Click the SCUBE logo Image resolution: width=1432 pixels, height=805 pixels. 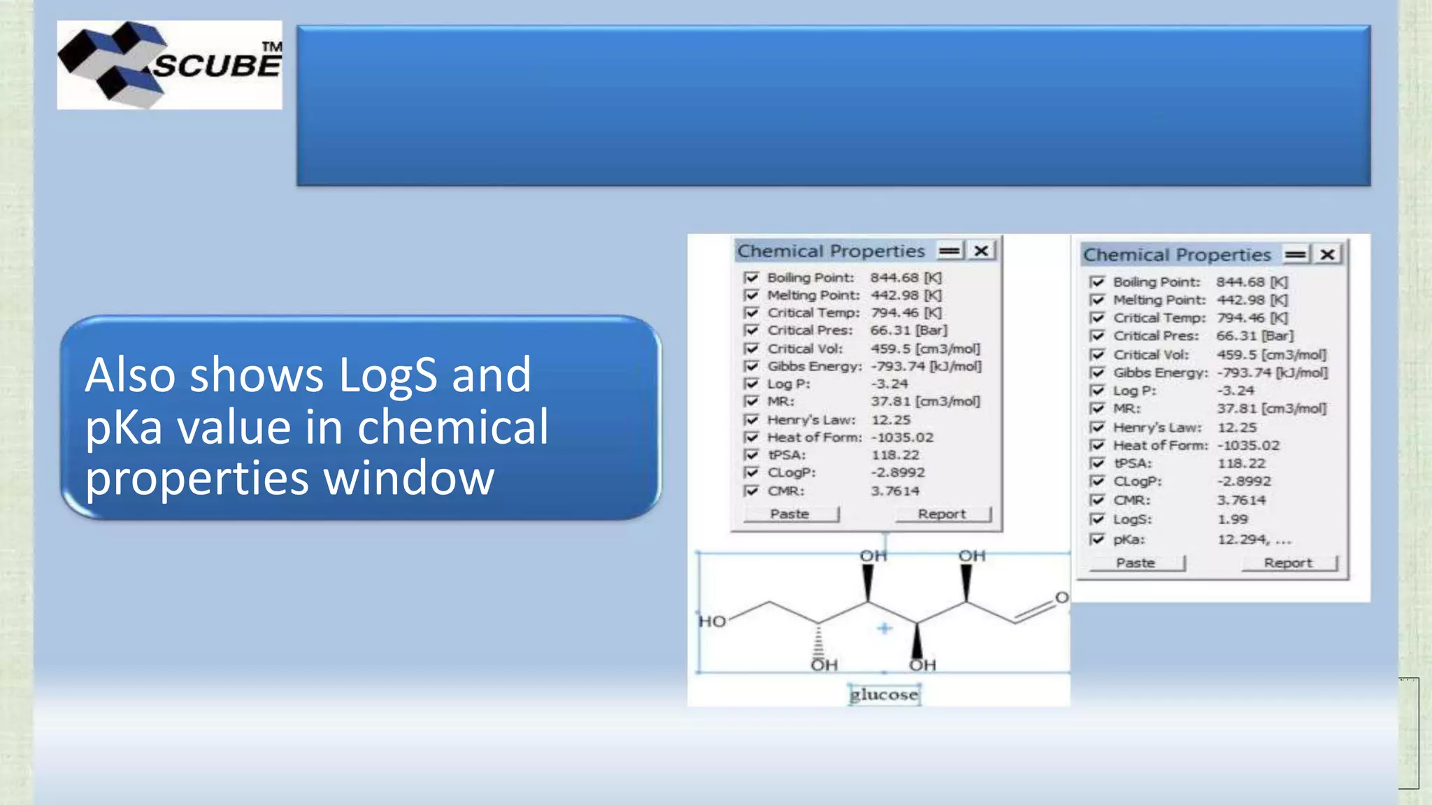pyautogui.click(x=170, y=65)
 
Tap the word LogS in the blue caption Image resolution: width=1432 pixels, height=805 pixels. pyautogui.click(x=388, y=375)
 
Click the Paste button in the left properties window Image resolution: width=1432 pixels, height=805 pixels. pyautogui.click(x=791, y=514)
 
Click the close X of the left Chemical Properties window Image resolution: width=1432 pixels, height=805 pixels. pyautogui.click(x=982, y=251)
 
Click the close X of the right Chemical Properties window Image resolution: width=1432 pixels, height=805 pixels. pyautogui.click(x=1327, y=255)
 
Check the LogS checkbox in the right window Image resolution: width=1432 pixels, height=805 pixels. pyautogui.click(x=1097, y=519)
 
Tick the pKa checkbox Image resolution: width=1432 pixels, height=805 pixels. pyautogui.click(x=1097, y=539)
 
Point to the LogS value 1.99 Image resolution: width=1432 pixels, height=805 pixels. pyautogui.click(x=1233, y=519)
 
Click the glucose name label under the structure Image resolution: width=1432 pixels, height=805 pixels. pyautogui.click(x=884, y=695)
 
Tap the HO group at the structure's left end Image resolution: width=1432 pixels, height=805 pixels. pyautogui.click(x=713, y=621)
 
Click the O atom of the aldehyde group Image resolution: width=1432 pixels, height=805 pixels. pyautogui.click(x=1061, y=597)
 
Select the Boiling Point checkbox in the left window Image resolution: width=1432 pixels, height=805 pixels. pyautogui.click(x=752, y=277)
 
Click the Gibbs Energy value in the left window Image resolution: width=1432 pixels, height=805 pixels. pyautogui.click(x=926, y=366)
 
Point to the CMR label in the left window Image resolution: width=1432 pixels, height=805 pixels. pyautogui.click(x=786, y=491)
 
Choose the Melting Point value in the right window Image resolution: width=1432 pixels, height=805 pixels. pyautogui.click(x=1252, y=300)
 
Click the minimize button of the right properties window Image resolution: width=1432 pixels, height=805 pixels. pyautogui.click(x=1296, y=255)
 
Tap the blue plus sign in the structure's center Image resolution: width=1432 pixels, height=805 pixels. pyautogui.click(x=885, y=628)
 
